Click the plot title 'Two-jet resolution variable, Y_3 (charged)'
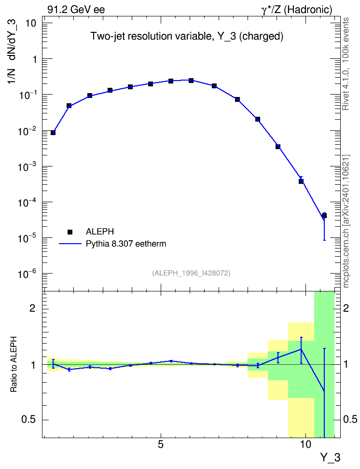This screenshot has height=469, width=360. point(187,36)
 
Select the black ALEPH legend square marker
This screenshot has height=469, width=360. point(70,232)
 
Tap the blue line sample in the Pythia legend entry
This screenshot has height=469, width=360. point(70,244)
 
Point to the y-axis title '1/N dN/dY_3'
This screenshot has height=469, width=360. point(12,52)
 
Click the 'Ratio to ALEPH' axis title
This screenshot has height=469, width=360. point(14,364)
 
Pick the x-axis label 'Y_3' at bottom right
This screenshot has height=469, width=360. point(330,457)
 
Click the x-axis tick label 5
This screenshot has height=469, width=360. point(161,444)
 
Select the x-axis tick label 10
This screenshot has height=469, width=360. point(305,444)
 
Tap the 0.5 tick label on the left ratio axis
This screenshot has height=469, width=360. point(29,420)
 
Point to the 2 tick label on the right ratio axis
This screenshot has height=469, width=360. point(346,308)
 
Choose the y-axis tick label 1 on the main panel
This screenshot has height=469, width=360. point(35,59)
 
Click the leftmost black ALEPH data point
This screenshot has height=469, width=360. point(53,133)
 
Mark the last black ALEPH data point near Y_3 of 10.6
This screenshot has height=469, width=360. point(324,215)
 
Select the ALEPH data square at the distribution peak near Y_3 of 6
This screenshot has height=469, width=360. point(191,81)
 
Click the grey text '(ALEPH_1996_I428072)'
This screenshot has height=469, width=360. point(191,273)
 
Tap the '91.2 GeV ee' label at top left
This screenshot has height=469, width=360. point(76,10)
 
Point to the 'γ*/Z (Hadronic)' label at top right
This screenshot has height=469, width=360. point(297,10)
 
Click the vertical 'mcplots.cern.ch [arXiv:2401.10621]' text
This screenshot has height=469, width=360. point(346,221)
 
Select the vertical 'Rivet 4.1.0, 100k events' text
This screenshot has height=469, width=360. point(346,64)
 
